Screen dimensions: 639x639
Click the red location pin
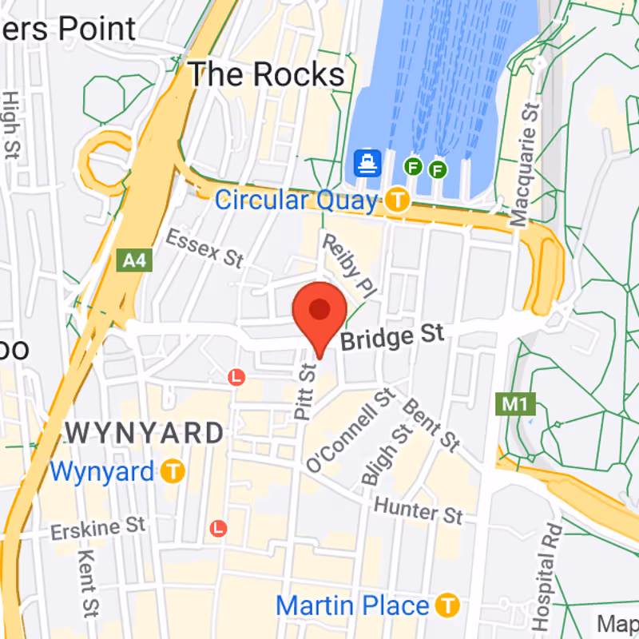319,312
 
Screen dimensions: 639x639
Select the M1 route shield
514,403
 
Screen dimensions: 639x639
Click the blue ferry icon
368,165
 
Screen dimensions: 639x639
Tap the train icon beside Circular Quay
397,200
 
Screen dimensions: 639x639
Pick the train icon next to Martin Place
449,605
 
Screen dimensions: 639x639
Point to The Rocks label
266,75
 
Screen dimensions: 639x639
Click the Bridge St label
392,338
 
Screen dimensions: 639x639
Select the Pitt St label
305,392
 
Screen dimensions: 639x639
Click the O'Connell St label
351,429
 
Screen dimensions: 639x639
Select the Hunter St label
419,509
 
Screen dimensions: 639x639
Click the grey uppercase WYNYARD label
145,434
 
